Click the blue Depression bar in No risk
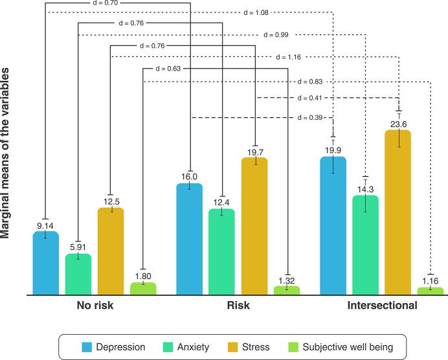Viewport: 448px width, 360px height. click(45, 263)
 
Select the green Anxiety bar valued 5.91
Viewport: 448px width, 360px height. click(78, 275)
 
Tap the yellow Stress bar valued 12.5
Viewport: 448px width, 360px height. click(111, 251)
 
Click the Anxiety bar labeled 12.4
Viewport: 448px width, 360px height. click(221, 252)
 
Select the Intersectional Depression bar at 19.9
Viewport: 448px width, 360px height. click(333, 225)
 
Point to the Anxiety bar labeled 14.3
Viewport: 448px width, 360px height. click(365, 245)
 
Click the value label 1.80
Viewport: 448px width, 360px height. click(143, 275)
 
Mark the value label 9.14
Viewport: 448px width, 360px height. click(45, 225)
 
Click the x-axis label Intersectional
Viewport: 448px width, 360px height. click(382, 305)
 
